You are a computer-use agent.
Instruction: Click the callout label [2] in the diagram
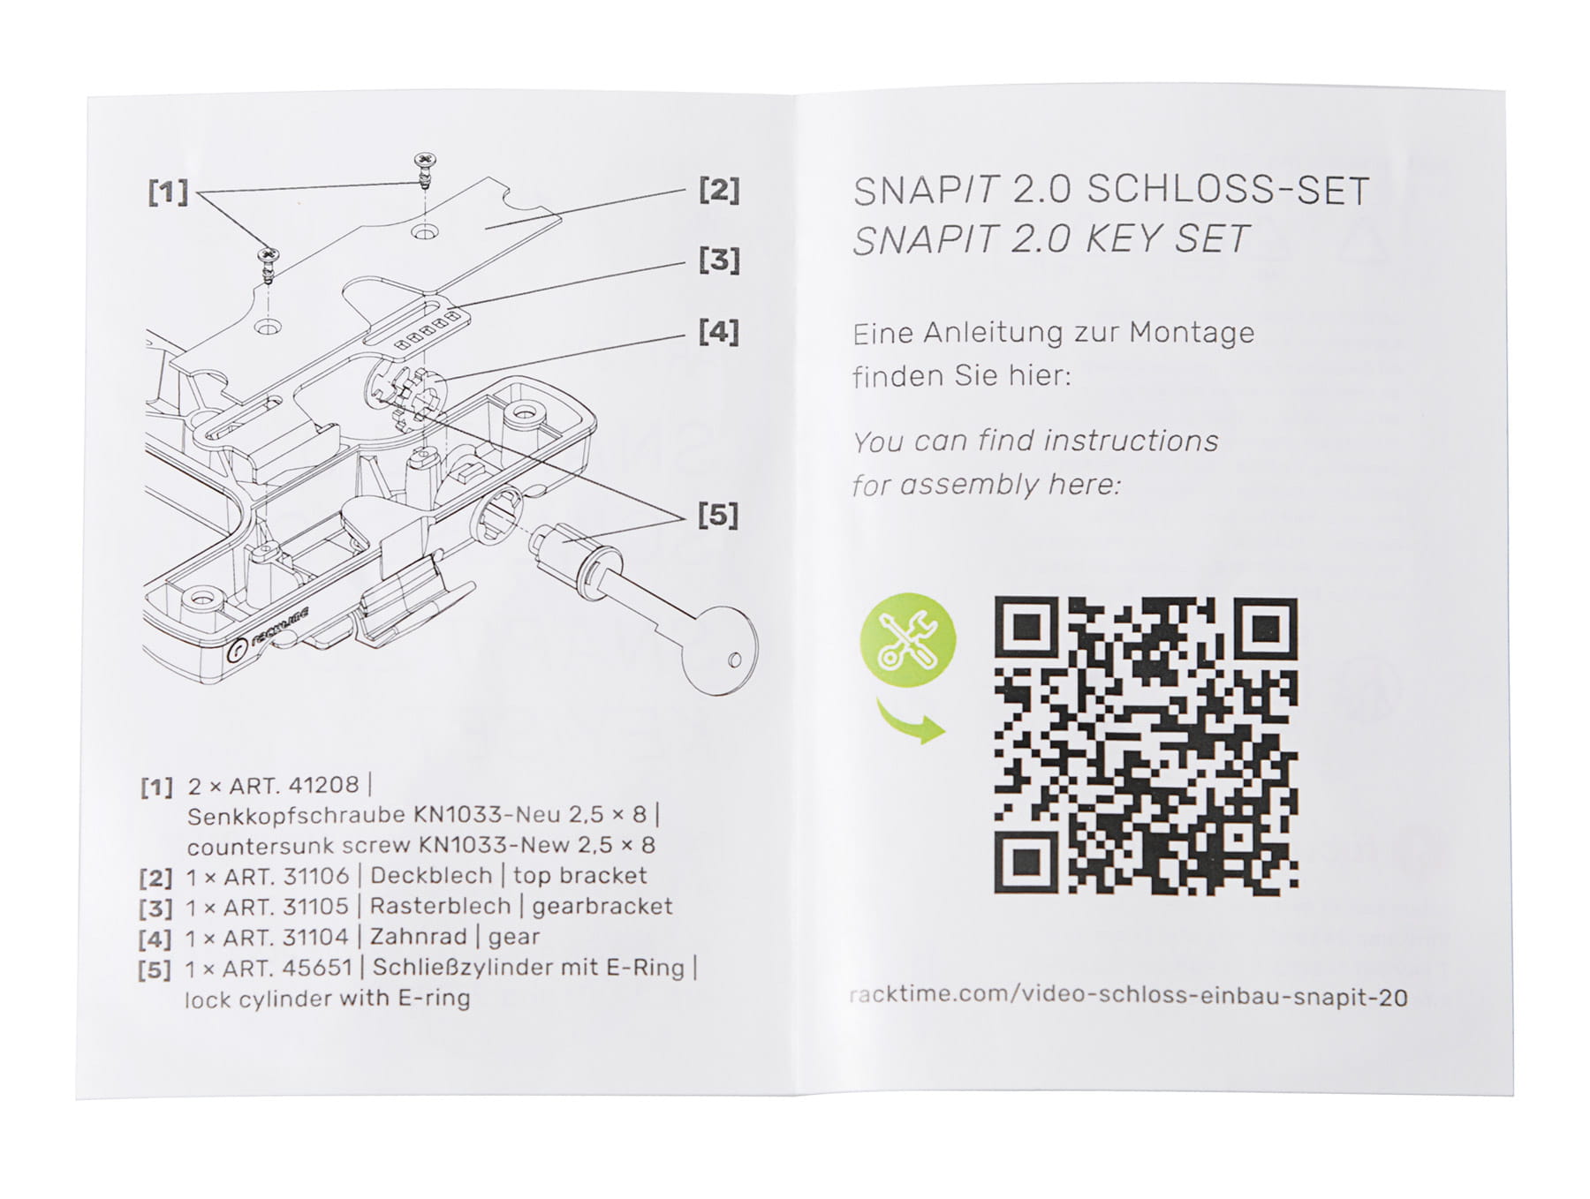[x=719, y=190]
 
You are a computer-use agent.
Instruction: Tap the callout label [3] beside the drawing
[x=719, y=260]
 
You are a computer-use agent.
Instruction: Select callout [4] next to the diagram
[x=719, y=332]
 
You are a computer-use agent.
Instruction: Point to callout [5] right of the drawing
[x=718, y=515]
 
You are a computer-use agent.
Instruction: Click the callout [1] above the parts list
[x=169, y=192]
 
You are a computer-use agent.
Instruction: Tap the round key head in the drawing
[x=721, y=650]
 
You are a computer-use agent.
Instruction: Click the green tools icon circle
[x=908, y=640]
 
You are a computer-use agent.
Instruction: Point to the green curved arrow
[x=910, y=720]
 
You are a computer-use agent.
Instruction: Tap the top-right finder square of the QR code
[x=1266, y=629]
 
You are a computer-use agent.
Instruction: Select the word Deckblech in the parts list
[x=431, y=876]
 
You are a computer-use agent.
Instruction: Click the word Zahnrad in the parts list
[x=418, y=937]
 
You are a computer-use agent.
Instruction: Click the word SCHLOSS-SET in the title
[x=1228, y=191]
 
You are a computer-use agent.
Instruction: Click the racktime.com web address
[x=1128, y=997]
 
